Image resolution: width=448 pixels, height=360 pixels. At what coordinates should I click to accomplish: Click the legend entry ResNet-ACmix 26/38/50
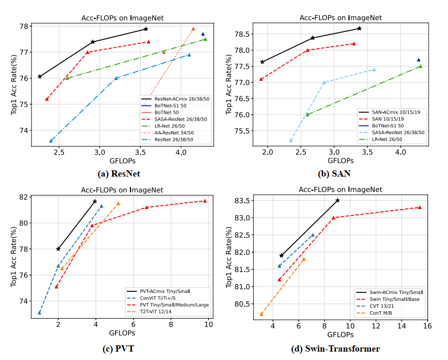[x=176, y=99]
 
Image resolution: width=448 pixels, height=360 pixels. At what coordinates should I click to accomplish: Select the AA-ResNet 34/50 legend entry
[x=168, y=133]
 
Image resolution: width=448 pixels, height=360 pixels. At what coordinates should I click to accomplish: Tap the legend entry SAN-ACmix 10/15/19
[x=390, y=112]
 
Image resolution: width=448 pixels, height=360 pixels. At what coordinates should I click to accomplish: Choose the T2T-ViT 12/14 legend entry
[x=149, y=311]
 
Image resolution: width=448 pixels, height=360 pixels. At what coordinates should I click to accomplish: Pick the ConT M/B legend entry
[x=374, y=313]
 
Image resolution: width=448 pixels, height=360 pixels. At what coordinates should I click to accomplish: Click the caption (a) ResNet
[x=119, y=174]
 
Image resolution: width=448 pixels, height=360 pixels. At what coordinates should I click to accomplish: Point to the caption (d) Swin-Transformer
[x=335, y=348]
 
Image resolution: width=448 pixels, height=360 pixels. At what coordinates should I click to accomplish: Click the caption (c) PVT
[x=118, y=348]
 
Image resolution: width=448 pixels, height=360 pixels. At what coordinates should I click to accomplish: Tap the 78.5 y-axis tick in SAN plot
[x=242, y=34]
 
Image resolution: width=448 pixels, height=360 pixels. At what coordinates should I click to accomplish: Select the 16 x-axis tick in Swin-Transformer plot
[x=428, y=326]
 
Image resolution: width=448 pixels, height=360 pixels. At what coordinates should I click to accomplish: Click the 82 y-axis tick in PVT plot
[x=24, y=197]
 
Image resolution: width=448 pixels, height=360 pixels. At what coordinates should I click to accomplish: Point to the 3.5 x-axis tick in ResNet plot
[x=140, y=152]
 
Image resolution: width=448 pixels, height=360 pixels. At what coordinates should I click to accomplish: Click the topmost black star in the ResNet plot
[x=146, y=29]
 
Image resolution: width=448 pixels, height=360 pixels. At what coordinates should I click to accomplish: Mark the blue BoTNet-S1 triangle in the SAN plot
[x=419, y=60]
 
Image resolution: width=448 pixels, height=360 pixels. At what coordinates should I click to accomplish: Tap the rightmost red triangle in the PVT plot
[x=204, y=201]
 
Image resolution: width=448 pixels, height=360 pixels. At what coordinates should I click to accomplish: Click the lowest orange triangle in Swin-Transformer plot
[x=261, y=314]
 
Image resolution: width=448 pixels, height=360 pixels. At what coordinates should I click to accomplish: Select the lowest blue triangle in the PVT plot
[x=39, y=312]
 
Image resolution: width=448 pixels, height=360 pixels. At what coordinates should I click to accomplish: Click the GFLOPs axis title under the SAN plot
[x=341, y=160]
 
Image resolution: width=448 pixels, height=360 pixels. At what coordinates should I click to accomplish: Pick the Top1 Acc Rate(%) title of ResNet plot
[x=14, y=84]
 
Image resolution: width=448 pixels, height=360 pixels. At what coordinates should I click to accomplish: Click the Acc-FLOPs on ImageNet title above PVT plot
[x=122, y=190]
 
